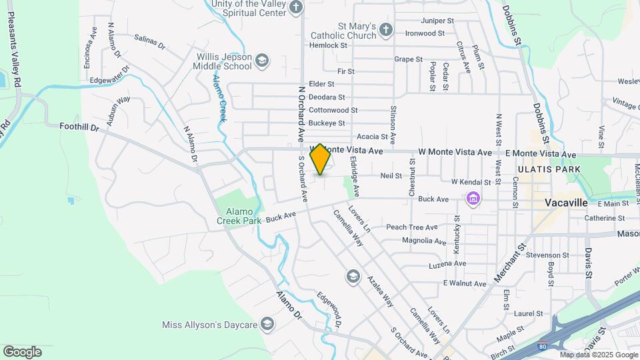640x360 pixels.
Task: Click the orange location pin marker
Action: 321,159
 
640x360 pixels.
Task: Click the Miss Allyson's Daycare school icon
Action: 267,325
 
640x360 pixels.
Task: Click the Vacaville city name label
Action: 565,202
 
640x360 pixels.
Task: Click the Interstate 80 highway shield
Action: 543,347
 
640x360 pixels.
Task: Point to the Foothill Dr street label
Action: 79,126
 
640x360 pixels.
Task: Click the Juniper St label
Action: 437,21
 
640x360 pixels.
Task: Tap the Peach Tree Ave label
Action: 411,227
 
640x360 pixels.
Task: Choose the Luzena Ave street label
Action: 447,263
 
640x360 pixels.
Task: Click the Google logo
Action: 22,351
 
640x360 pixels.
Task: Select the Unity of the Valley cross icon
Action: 296,8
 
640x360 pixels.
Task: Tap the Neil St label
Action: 391,176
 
